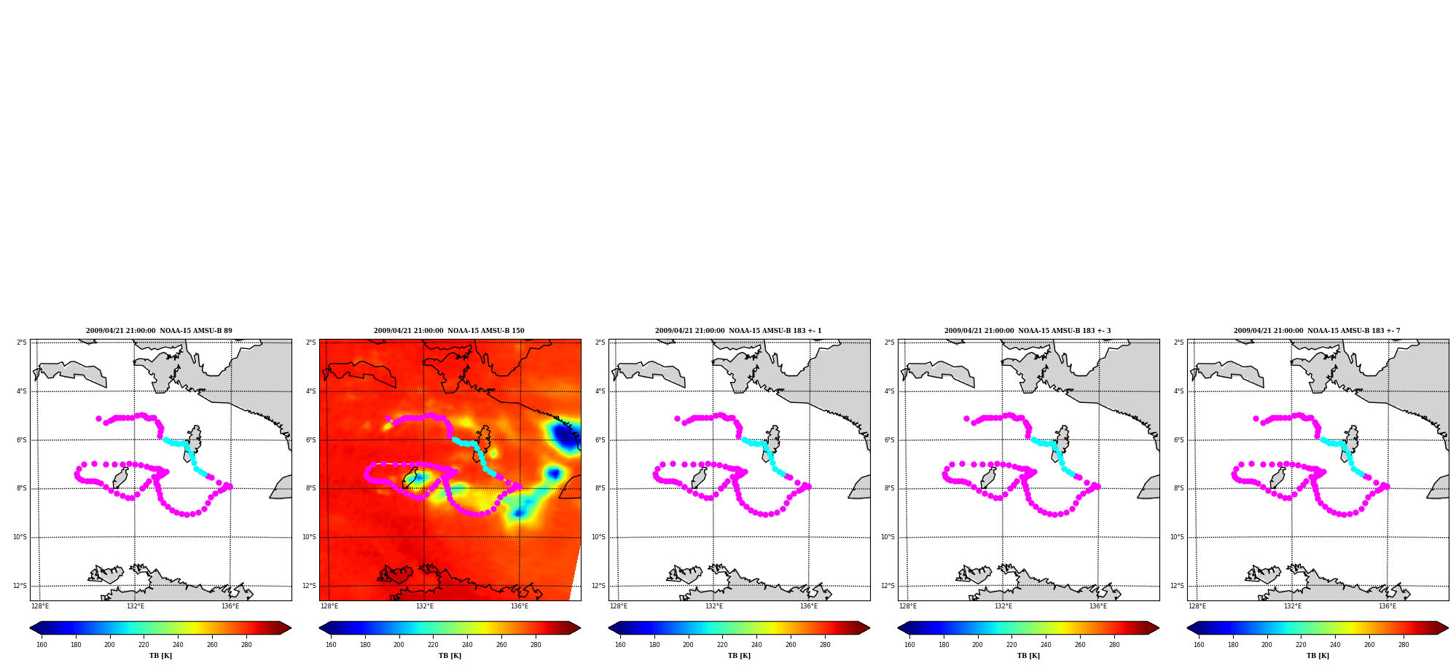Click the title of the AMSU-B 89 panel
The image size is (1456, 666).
tap(159, 331)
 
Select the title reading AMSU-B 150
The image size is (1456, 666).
tap(449, 331)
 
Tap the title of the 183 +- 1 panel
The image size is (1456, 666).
tap(738, 331)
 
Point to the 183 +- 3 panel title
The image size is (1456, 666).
tap(1028, 331)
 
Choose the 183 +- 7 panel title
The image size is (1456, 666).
tap(1317, 331)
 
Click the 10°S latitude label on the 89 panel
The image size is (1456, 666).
tap(20, 537)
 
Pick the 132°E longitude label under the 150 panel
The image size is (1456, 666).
tap(425, 606)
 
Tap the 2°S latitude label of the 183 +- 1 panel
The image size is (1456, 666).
tap(600, 342)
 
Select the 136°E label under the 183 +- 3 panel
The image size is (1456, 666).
tap(1098, 606)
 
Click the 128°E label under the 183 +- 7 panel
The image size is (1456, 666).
tap(1197, 606)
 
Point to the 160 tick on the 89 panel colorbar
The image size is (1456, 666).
tap(42, 644)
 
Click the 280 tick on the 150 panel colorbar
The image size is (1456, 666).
tap(536, 644)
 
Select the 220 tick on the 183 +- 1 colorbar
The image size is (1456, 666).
tap(722, 644)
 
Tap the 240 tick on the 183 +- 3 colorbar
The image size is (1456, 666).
tap(1046, 644)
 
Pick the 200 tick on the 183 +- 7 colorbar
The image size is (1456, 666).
tap(1267, 644)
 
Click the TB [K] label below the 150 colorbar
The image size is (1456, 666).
tap(450, 656)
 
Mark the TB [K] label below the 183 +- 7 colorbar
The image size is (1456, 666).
tap(1318, 656)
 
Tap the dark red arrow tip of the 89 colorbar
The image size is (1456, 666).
tap(287, 628)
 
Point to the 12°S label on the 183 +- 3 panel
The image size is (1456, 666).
tap(888, 586)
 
